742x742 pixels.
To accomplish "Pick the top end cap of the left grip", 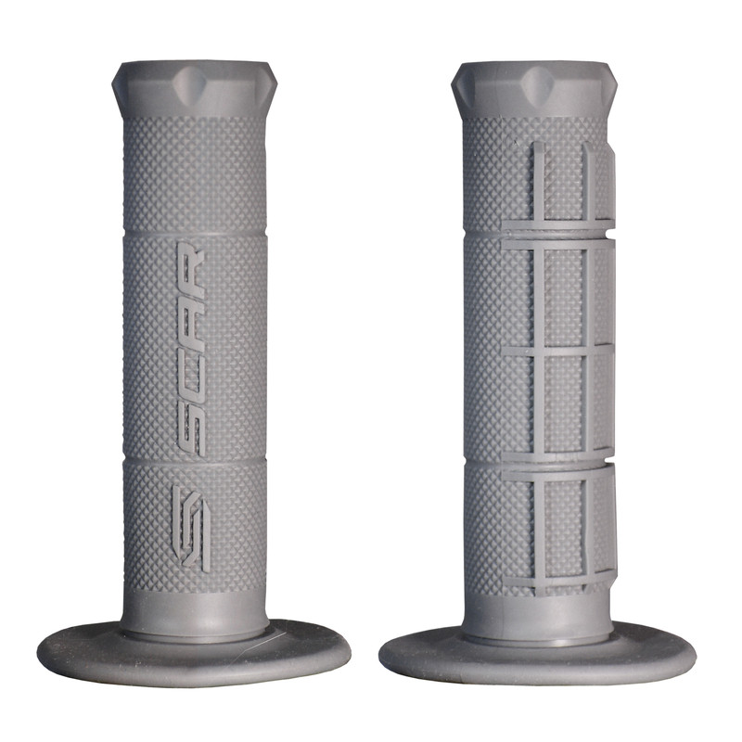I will (x=194, y=88).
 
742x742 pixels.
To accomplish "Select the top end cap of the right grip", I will (x=535, y=88).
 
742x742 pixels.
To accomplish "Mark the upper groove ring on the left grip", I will (x=194, y=235).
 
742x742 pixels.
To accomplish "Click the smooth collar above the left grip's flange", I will (x=194, y=612).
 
